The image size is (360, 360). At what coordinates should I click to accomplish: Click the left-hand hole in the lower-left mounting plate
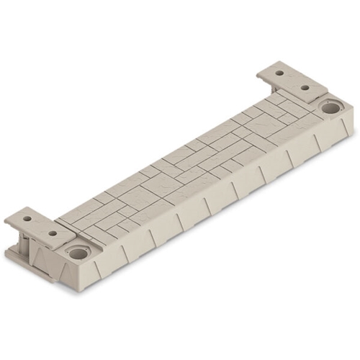pyautogui.click(x=27, y=217)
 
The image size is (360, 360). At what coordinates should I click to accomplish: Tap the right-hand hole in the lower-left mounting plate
pyautogui.click(x=53, y=233)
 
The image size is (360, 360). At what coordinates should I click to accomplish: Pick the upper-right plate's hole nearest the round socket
pyautogui.click(x=305, y=87)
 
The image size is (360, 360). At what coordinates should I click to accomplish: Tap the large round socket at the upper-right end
pyautogui.click(x=330, y=108)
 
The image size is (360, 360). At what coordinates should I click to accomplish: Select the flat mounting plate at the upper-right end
pyautogui.click(x=292, y=79)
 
